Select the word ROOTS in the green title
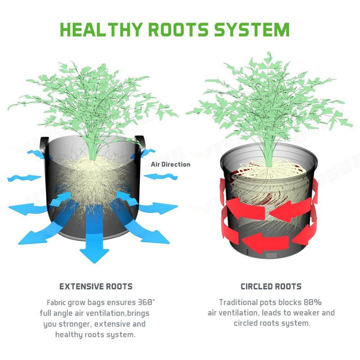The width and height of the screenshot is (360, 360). coord(178,30)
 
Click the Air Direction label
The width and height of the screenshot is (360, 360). coord(171,165)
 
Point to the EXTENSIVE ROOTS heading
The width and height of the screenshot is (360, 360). coord(96,286)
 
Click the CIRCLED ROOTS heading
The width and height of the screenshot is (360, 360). coord(271,286)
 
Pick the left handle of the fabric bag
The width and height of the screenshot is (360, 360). coord(44,147)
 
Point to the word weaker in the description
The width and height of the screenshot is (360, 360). coord(306,313)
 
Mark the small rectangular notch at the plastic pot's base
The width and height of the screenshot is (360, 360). coord(271,255)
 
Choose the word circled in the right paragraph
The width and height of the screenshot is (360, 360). coord(245,323)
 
